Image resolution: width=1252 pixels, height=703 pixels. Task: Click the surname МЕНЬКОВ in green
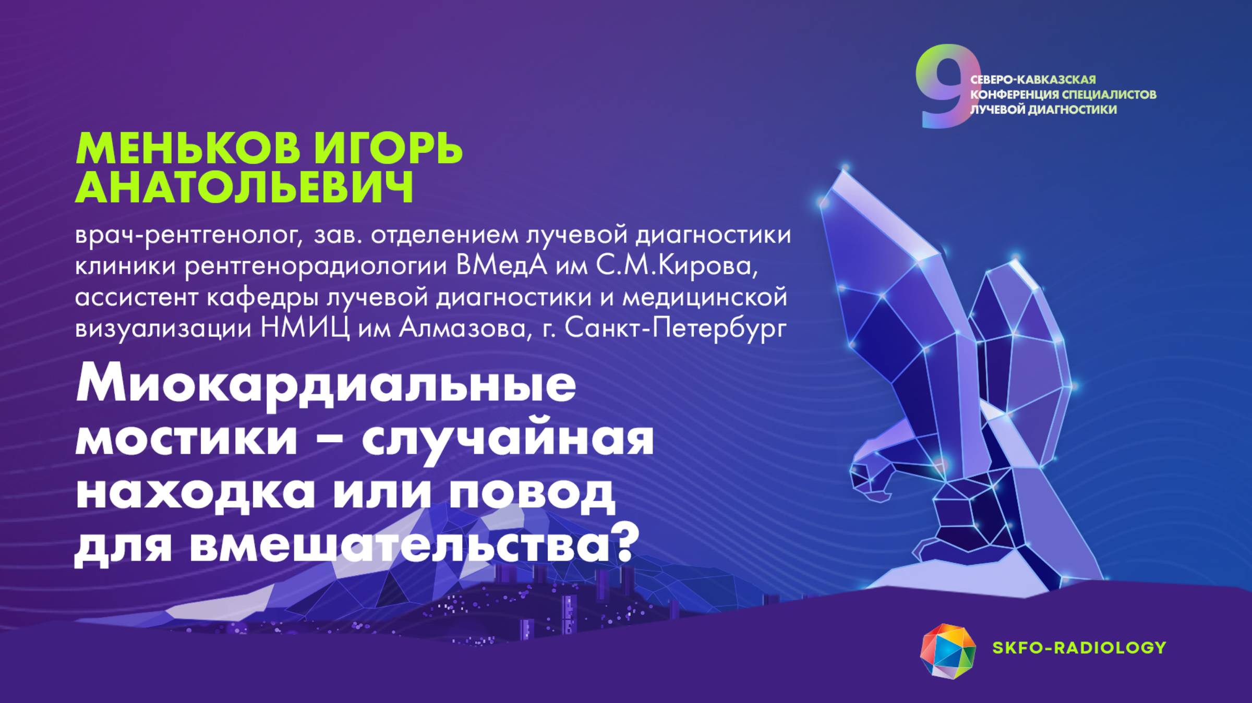(188, 149)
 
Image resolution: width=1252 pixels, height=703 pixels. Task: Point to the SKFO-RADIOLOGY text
(1079, 647)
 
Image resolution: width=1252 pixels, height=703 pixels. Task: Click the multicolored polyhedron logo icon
(947, 651)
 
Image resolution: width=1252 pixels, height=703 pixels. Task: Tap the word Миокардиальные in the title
(326, 385)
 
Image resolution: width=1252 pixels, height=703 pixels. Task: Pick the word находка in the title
(196, 493)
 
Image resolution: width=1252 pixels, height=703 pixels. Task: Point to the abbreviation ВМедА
(501, 266)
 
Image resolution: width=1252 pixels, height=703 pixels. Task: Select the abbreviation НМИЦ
(305, 329)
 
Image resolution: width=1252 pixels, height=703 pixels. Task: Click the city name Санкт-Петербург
(676, 329)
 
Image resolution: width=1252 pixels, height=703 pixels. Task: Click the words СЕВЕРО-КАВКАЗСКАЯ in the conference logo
(1032, 80)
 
